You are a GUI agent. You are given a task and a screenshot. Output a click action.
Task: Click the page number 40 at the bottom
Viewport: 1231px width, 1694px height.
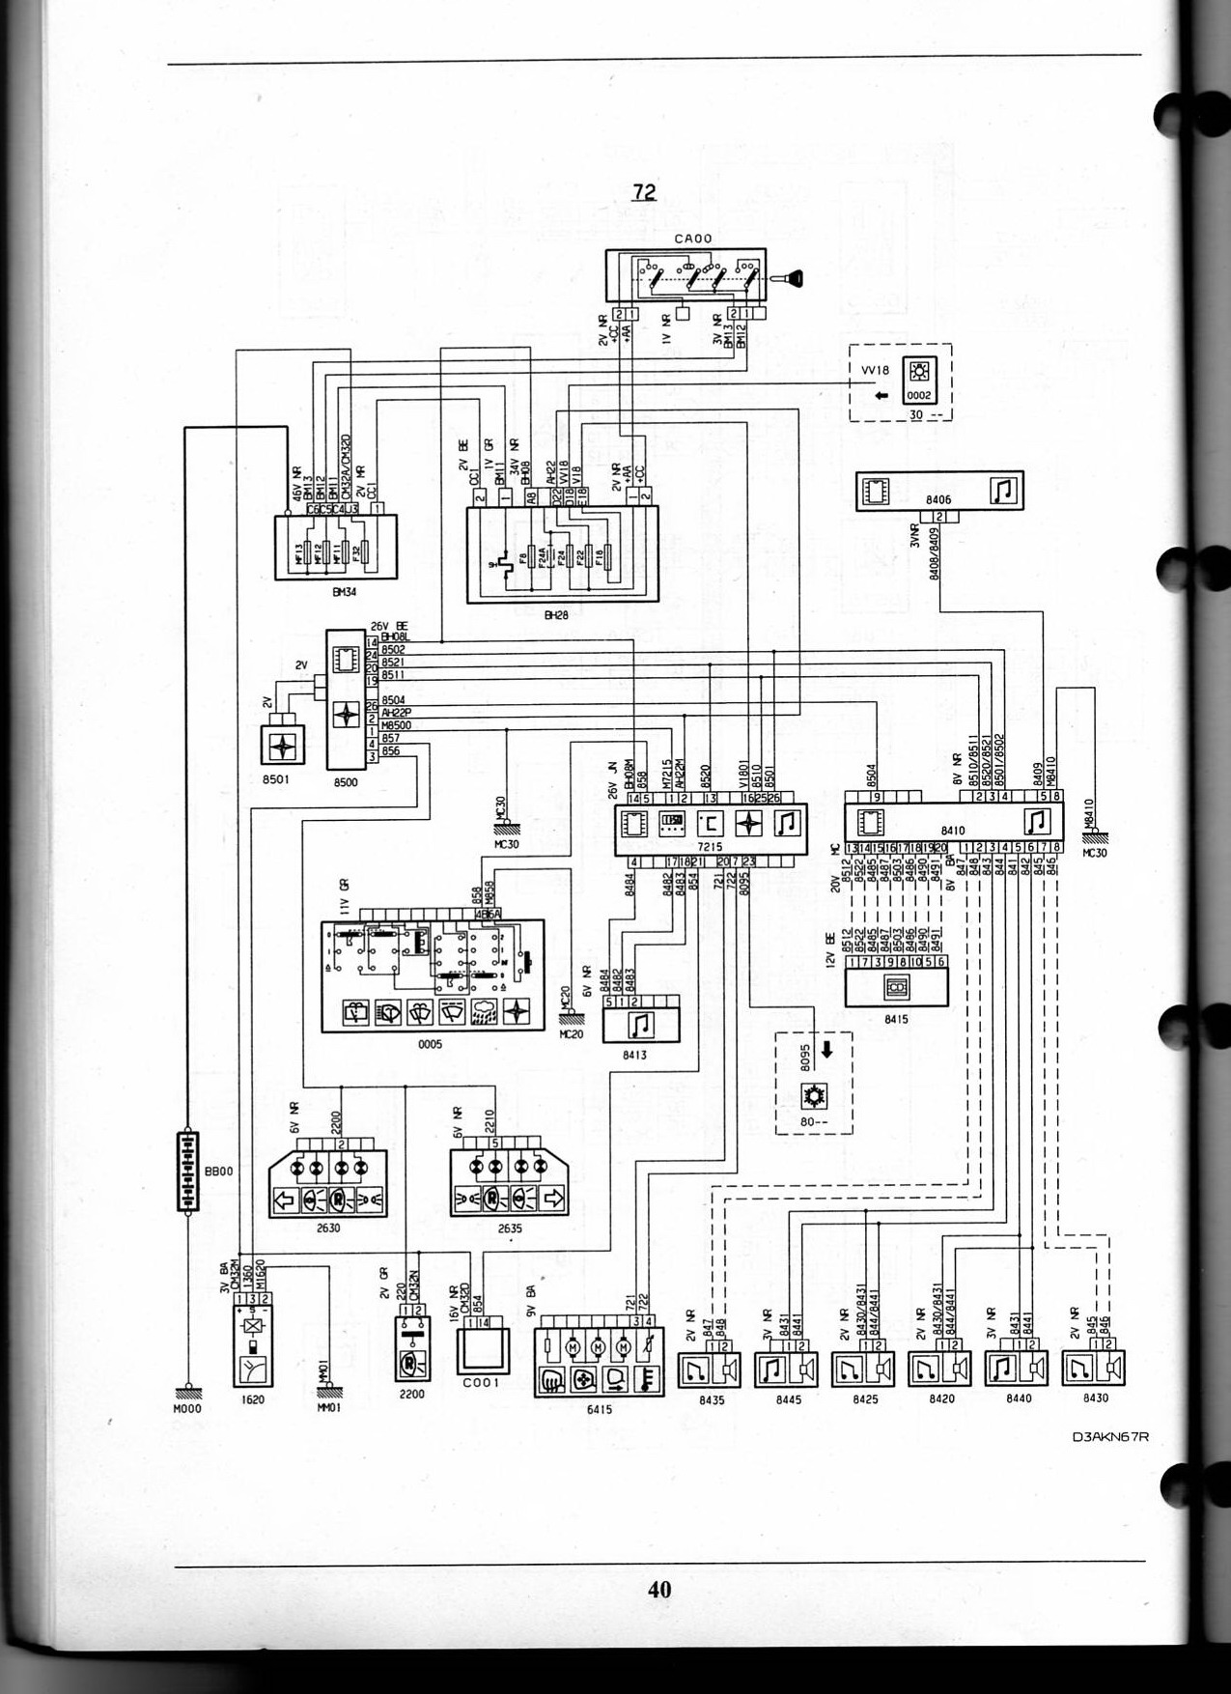pos(659,1589)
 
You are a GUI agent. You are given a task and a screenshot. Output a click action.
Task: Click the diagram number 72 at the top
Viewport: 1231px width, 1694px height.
pos(644,192)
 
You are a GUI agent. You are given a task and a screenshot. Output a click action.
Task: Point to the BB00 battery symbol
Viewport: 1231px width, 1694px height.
pos(187,1172)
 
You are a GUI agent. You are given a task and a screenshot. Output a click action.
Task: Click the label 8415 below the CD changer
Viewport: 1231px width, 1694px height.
pos(895,1019)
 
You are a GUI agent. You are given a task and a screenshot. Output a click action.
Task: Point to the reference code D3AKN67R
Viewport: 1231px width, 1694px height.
pos(1110,1435)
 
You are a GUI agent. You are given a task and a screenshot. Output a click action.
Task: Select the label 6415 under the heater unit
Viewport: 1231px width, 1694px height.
pos(599,1409)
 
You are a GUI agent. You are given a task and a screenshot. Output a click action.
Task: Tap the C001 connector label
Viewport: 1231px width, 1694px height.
pos(481,1382)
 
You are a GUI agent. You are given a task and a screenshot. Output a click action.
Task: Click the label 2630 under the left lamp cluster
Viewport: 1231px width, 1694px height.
pos(328,1228)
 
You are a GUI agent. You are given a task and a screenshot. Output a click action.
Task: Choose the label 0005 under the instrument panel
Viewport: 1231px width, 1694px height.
pos(430,1044)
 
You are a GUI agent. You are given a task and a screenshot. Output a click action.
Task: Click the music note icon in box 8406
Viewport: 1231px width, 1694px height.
pos(1004,491)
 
